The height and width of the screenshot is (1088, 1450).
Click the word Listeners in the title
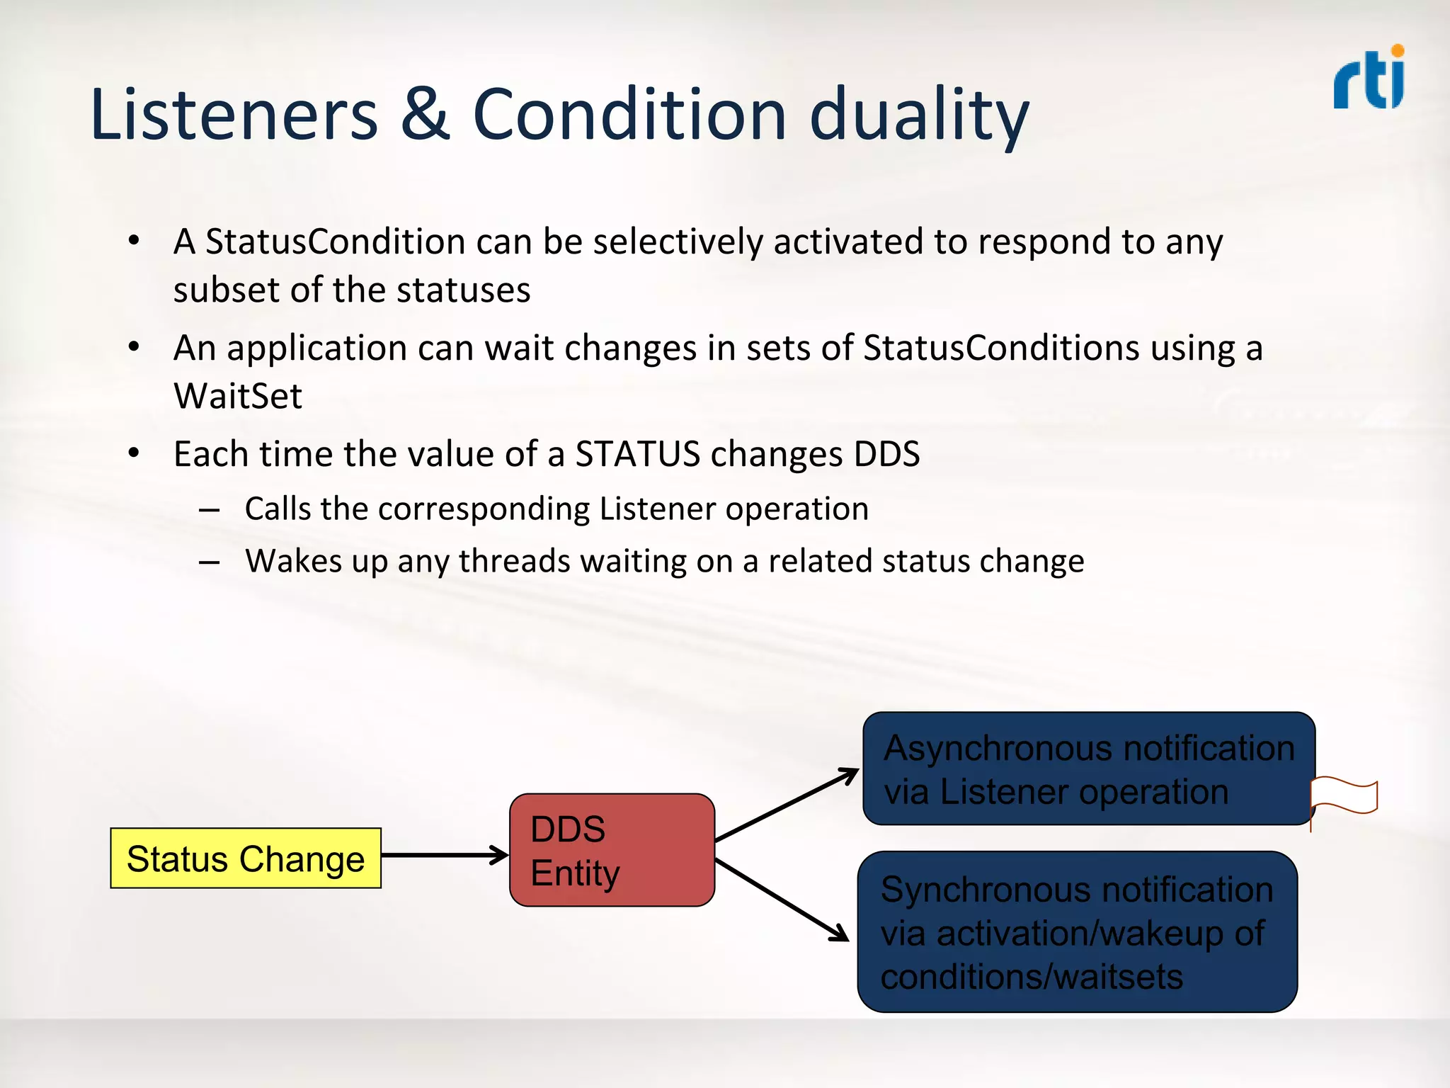click(234, 115)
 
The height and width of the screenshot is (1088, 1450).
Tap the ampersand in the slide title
click(425, 115)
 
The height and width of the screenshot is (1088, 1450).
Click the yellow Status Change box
click(246, 858)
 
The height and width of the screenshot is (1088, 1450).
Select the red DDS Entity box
click(612, 850)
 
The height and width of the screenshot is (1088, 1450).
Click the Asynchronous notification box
click(1088, 769)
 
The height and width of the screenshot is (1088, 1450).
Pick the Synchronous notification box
click(1077, 931)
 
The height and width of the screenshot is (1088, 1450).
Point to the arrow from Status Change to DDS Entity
click(445, 855)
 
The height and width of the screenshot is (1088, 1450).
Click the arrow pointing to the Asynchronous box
click(786, 805)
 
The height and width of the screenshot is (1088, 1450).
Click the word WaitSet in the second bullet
click(238, 396)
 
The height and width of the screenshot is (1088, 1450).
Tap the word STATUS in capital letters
click(637, 454)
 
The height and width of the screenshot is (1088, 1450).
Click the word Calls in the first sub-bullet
click(278, 509)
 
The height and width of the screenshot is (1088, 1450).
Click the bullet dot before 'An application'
click(134, 347)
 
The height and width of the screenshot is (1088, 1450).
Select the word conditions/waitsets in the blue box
click(1032, 977)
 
